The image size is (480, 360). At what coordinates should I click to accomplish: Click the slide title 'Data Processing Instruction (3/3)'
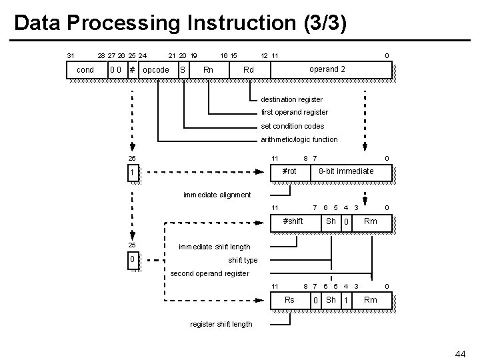(180, 23)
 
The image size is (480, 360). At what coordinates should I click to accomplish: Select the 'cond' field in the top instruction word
(86, 70)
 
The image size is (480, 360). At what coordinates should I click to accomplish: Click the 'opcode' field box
(156, 70)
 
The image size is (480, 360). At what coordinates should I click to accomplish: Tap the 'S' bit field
(183, 70)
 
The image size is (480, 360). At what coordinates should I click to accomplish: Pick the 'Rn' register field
(208, 70)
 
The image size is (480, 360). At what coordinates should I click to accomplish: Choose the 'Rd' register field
(249, 70)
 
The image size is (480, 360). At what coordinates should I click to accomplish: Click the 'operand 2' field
(327, 69)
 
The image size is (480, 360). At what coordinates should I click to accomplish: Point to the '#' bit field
(133, 70)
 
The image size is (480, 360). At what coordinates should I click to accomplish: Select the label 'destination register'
(292, 99)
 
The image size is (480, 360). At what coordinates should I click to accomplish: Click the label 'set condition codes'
(293, 126)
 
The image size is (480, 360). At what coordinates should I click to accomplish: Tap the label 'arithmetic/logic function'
(299, 139)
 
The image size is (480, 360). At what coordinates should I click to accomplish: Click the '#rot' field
(289, 172)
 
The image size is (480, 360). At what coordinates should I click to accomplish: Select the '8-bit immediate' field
(346, 172)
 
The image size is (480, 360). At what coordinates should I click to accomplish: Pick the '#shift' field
(293, 221)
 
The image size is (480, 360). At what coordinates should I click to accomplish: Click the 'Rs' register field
(289, 300)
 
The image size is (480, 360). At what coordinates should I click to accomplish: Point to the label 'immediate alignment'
(217, 195)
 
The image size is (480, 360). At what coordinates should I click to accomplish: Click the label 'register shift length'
(221, 324)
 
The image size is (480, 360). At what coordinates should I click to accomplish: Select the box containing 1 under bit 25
(133, 173)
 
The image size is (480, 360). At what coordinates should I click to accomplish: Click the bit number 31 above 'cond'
(71, 55)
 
